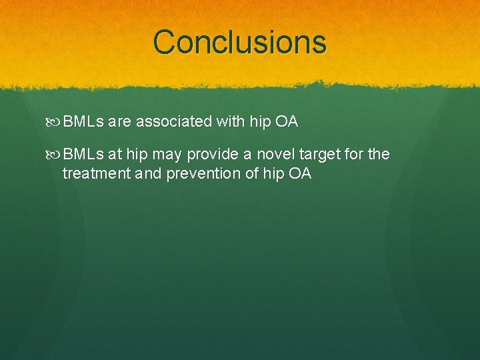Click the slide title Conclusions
(x=239, y=41)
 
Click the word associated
(x=174, y=122)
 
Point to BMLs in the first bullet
(x=83, y=122)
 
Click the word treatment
(x=95, y=174)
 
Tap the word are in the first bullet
(x=120, y=122)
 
